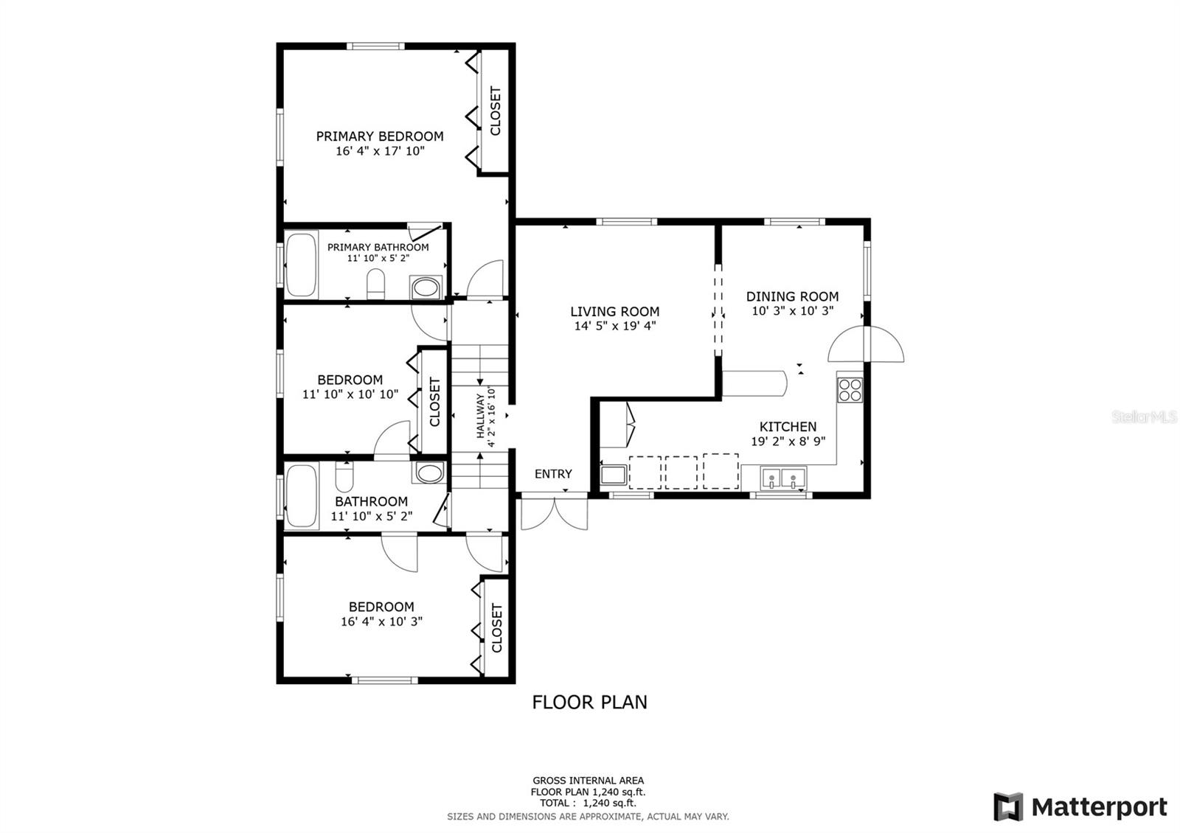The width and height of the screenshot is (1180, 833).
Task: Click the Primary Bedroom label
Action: coord(380,136)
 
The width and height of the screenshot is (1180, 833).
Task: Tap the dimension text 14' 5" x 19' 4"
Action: coord(614,326)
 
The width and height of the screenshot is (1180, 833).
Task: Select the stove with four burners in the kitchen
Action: coord(850,389)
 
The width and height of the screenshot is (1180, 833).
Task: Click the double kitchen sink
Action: coord(783,478)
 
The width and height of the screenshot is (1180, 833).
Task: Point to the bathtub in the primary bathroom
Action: coord(301,265)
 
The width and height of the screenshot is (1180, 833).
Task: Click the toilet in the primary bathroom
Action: coord(376,285)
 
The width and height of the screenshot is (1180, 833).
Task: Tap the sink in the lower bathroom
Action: coord(428,473)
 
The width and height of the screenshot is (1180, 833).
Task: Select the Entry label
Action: coord(553,474)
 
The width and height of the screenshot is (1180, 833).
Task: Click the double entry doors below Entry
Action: coord(555,513)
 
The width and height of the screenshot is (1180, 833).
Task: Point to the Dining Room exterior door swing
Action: coord(867,345)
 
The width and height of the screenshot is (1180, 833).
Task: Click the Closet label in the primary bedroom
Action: coord(496,111)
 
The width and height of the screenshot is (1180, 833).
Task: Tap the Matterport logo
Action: coord(1080,807)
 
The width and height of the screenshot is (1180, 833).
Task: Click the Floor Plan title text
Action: coord(589,702)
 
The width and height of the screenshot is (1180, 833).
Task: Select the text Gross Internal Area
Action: coord(588,780)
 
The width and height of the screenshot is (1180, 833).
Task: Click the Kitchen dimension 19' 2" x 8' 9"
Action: coord(788,442)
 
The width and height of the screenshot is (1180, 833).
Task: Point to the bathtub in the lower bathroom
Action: coord(302,496)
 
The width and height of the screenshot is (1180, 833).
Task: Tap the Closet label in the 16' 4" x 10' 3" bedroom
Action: coord(496,627)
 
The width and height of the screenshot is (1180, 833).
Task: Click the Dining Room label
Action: coord(792,296)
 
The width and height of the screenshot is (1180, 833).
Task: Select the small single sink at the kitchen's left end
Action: coord(613,474)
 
